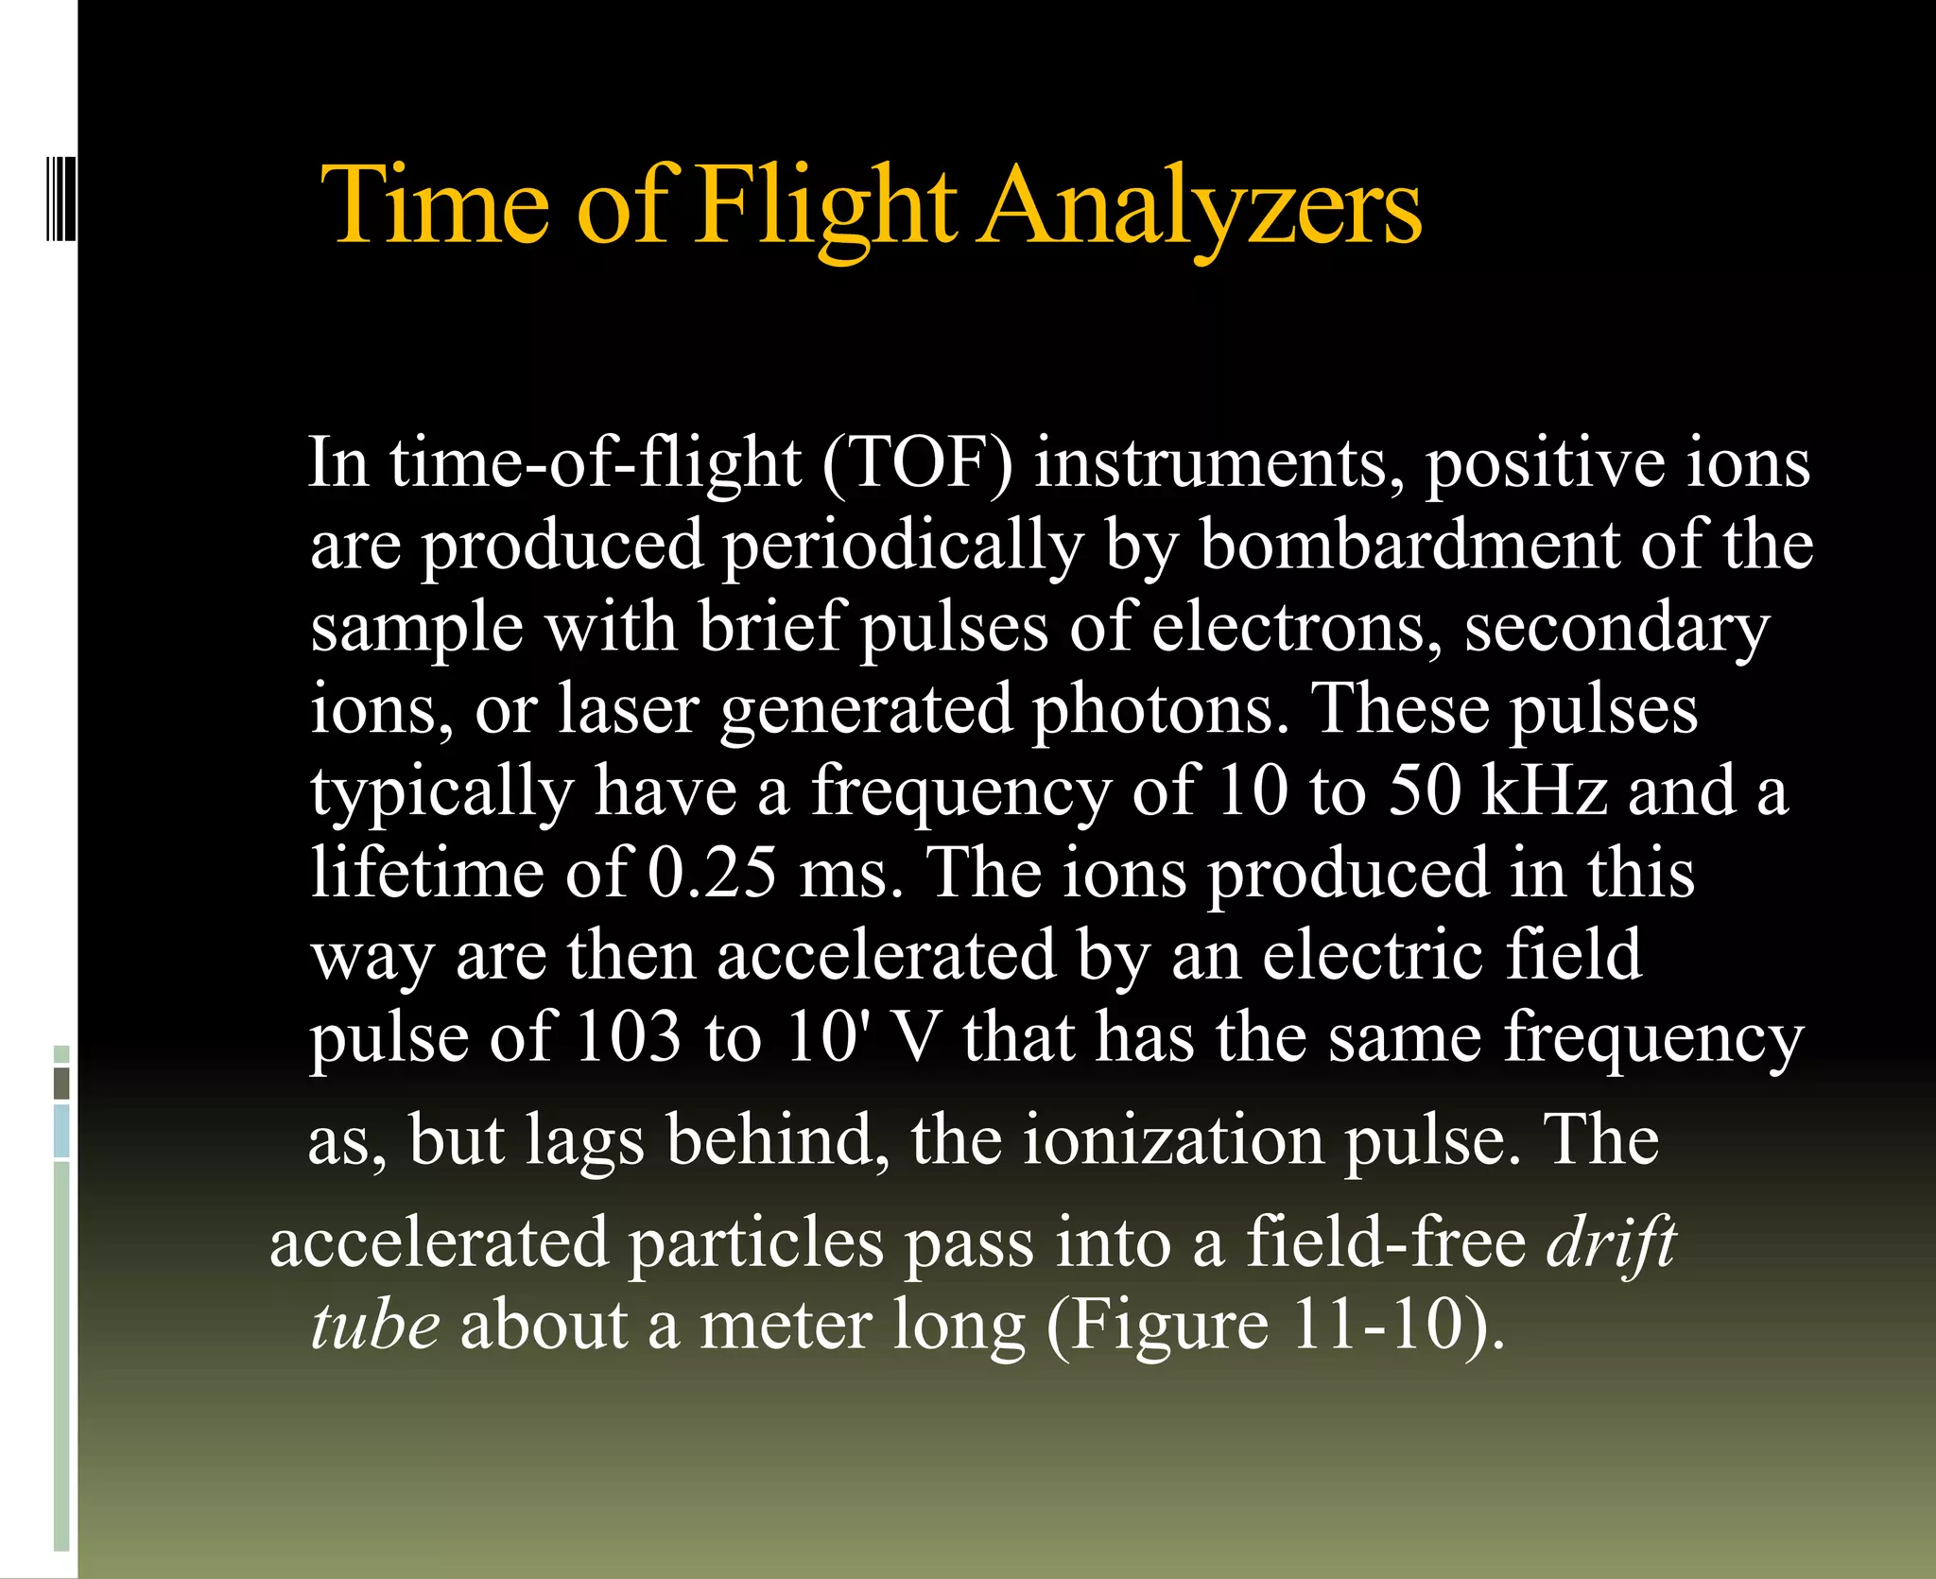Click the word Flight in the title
(825, 206)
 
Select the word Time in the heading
(436, 206)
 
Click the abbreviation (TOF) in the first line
(917, 463)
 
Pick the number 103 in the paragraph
(628, 1036)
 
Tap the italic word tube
(375, 1324)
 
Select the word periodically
(903, 546)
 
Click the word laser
(628, 709)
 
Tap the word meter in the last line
(785, 1324)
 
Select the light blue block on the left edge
(61, 1131)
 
